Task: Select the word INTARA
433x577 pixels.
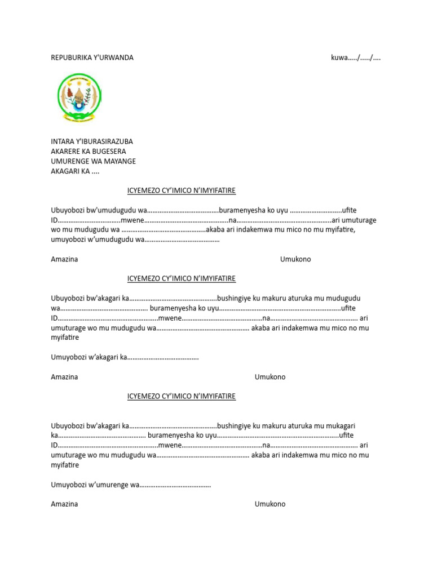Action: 63,141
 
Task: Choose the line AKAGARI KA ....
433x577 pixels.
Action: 74,172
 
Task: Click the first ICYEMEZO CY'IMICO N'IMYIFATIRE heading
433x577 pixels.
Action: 182,190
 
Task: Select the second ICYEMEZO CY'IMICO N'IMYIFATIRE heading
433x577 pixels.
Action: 182,278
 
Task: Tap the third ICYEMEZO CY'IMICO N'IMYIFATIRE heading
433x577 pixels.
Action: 182,396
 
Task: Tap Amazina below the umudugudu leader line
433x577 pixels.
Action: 64,259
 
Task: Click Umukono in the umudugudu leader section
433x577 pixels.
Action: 295,259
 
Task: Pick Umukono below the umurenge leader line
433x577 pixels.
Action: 270,504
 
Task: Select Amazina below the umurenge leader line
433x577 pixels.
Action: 64,504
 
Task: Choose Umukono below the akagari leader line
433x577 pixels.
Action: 270,376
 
